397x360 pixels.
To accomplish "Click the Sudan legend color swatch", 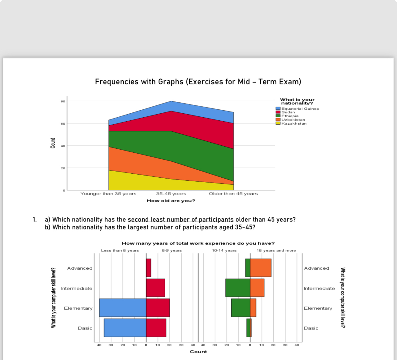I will (278, 112).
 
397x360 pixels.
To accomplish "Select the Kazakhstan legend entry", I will (294, 123).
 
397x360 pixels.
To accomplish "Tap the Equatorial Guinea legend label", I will (300, 109).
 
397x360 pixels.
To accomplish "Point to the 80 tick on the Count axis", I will (63, 101).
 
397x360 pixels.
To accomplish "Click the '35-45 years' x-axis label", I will (171, 194).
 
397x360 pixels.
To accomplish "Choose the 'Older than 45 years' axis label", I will (233, 194).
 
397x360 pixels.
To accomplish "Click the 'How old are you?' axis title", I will (171, 201).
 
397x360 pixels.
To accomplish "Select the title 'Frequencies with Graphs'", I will (198, 82).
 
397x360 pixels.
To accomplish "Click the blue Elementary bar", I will (122, 308).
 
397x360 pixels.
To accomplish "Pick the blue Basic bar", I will (125, 328).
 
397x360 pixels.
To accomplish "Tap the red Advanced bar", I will (148, 268).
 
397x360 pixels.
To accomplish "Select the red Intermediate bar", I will (155, 288).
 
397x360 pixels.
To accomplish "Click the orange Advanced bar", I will (260, 268).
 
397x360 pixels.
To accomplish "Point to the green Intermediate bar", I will (238, 288).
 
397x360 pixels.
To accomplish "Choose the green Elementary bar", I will (240, 308).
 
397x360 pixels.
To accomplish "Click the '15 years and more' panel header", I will (276, 251).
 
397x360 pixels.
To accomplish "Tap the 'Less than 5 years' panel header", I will (120, 251).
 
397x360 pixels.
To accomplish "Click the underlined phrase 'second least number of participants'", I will (180, 220).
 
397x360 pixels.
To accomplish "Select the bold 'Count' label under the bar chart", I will (198, 352).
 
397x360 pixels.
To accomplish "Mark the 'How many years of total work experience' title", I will (198, 243).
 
